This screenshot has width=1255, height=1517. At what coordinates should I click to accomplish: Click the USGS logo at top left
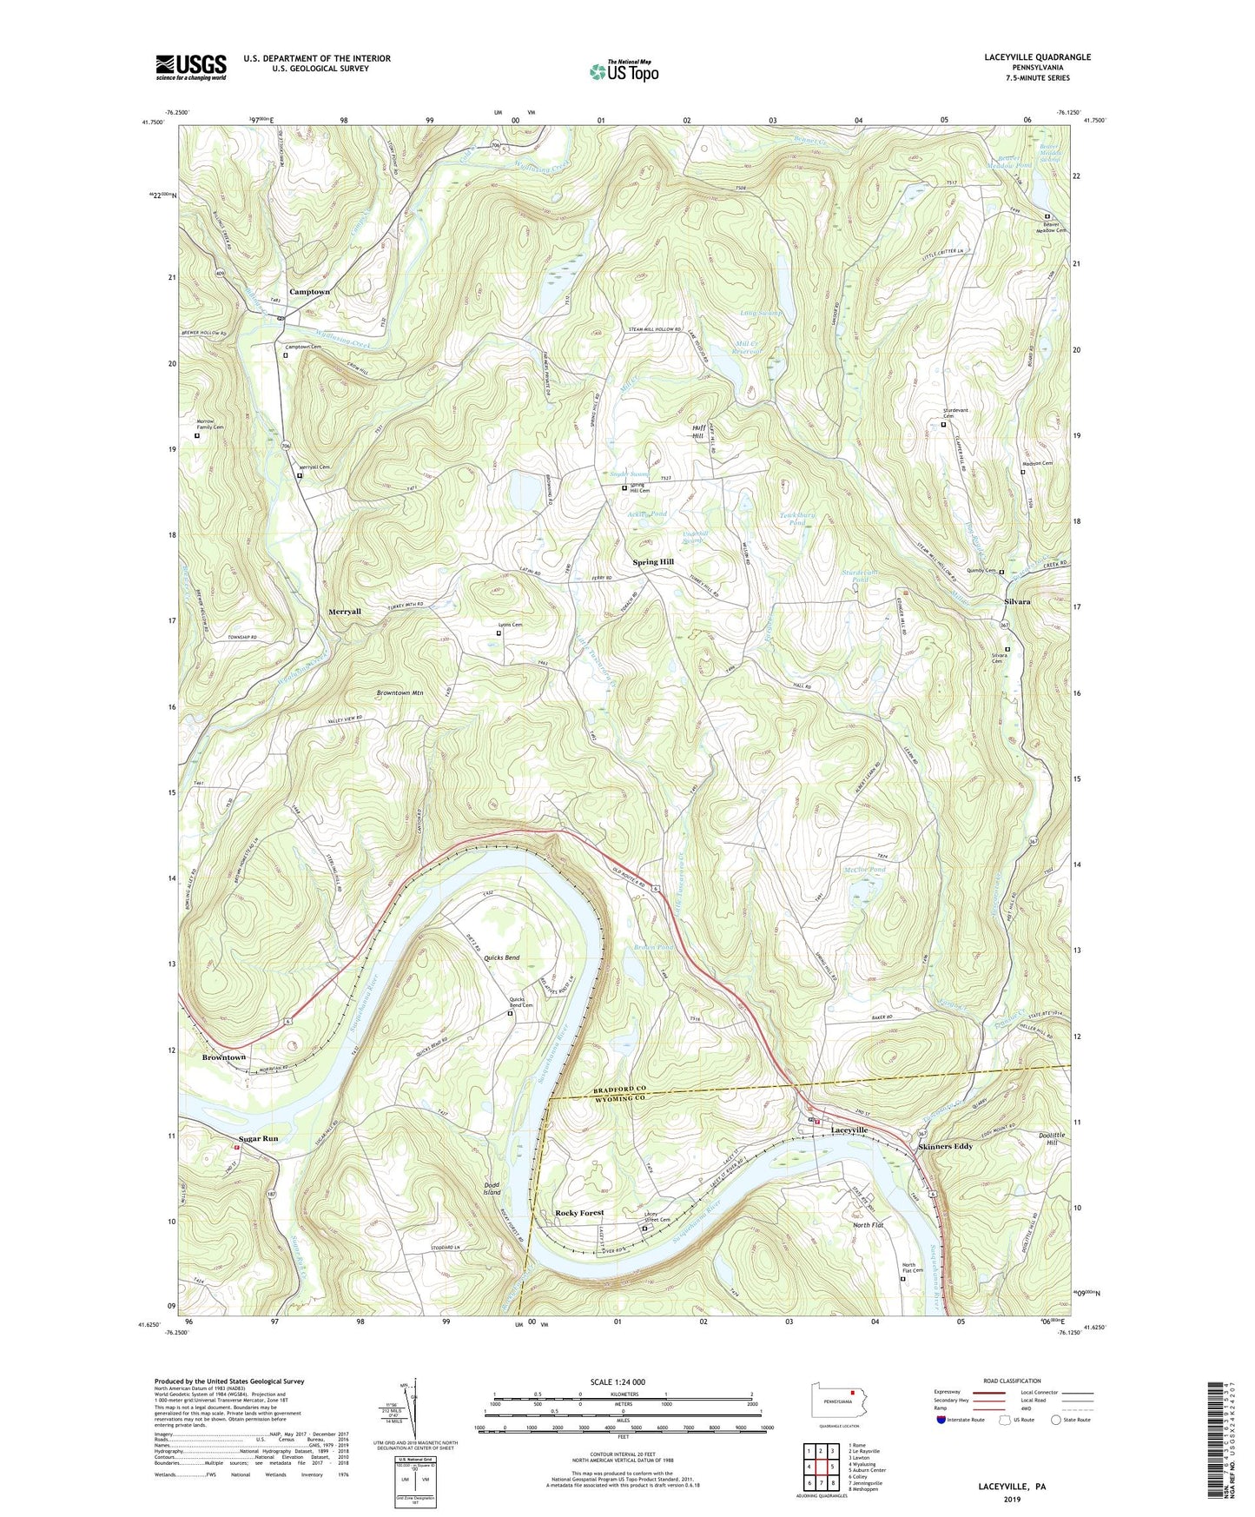point(191,67)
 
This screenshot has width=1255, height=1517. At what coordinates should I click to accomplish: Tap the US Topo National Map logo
point(623,70)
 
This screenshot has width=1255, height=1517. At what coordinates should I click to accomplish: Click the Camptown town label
point(309,292)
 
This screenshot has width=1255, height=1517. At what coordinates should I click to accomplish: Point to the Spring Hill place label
point(653,562)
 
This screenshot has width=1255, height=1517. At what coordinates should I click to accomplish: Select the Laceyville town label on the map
point(849,1130)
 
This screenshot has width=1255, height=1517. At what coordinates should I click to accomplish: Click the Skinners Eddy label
point(945,1147)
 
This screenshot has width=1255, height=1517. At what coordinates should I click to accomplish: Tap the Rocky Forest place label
point(579,1213)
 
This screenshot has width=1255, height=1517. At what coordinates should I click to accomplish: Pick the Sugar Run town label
point(259,1138)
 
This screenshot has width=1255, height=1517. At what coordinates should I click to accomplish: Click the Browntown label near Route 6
point(224,1057)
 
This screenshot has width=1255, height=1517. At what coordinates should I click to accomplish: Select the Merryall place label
point(345,612)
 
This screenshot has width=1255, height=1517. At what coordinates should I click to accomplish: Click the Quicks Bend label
point(501,957)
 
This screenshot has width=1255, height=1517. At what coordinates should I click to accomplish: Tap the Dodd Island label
point(492,1189)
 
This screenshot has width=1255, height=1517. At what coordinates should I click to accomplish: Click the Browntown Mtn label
point(400,692)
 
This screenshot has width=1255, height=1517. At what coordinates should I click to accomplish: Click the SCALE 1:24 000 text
point(618,1381)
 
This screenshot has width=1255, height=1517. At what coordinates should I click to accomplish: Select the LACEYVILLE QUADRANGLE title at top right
point(1037,57)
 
